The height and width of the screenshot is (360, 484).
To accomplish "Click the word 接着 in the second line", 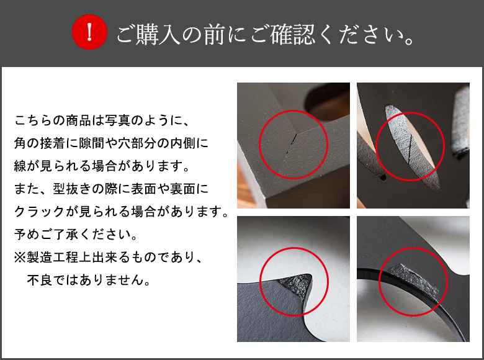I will pyautogui.click(x=53, y=143).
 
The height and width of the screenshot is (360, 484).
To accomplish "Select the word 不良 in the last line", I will pyautogui.click(x=38, y=281).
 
